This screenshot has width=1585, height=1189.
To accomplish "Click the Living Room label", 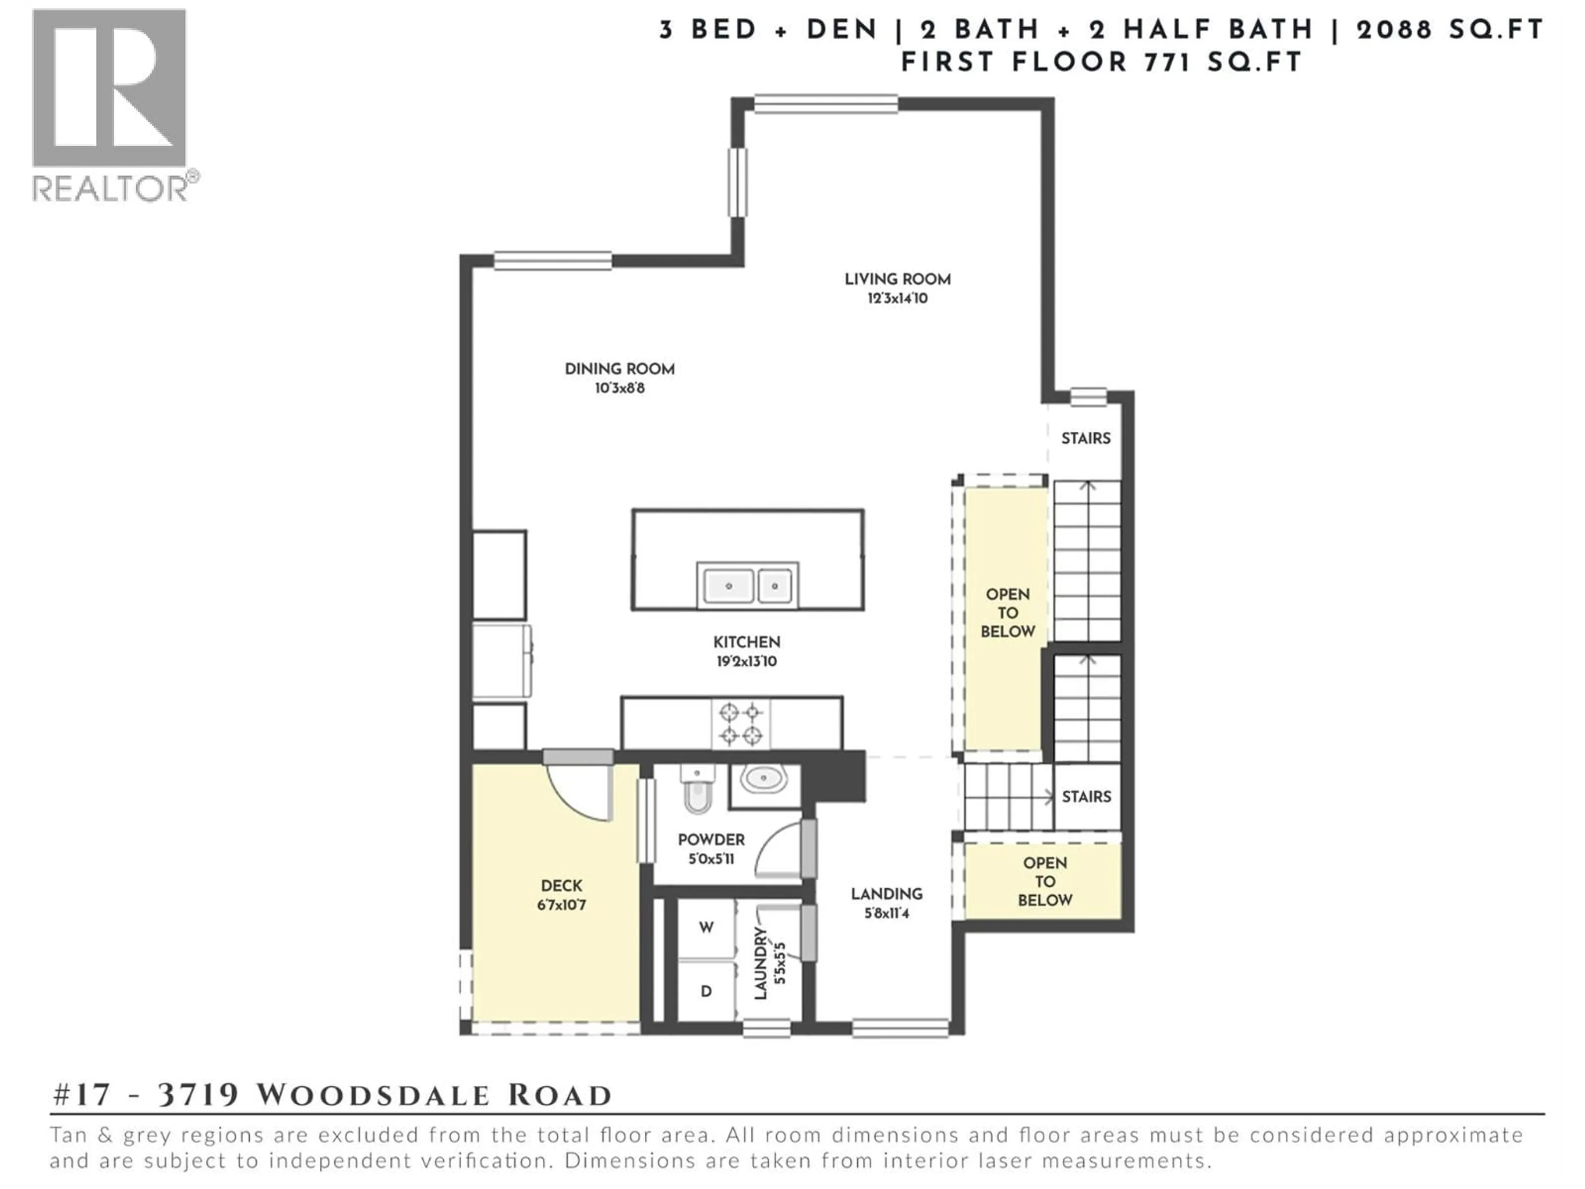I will point(897,279).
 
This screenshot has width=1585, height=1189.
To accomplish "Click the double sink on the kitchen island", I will point(748,585).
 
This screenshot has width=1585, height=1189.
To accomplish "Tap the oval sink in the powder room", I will point(764,779).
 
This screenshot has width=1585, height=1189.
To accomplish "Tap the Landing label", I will point(886,894).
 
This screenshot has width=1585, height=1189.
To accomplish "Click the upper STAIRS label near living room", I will point(1086,438).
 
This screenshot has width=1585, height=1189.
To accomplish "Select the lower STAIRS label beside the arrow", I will point(1086,796).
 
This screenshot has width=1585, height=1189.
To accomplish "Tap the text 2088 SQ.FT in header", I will point(1450,30).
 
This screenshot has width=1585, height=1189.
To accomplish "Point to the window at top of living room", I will point(826,104).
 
